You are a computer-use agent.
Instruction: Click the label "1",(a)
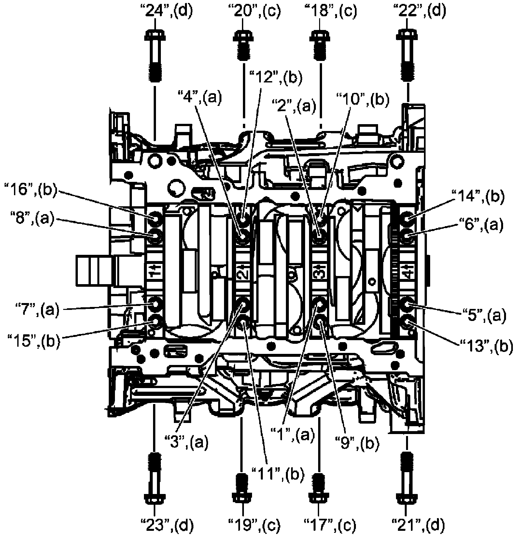292,434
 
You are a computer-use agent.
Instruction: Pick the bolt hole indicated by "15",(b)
154,322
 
